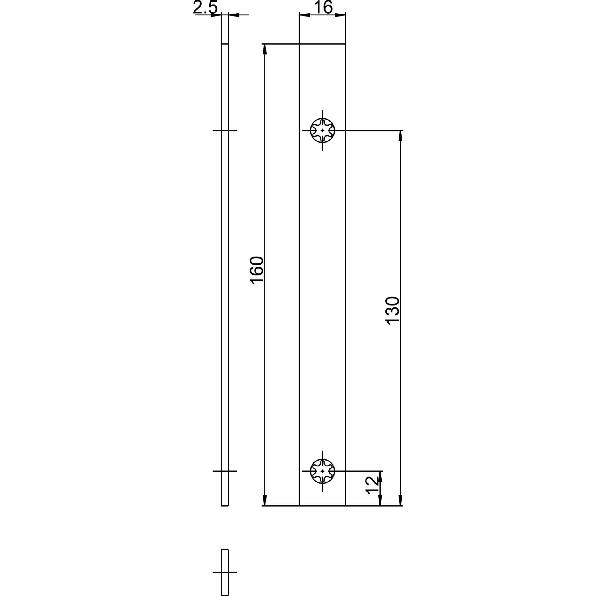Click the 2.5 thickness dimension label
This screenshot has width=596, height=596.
(205, 8)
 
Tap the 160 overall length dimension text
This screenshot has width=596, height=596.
(257, 271)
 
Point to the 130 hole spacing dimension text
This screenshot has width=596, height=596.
(393, 310)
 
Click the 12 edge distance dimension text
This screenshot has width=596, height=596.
(372, 485)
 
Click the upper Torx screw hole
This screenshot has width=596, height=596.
(322, 130)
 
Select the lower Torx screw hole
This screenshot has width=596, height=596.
(322, 471)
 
